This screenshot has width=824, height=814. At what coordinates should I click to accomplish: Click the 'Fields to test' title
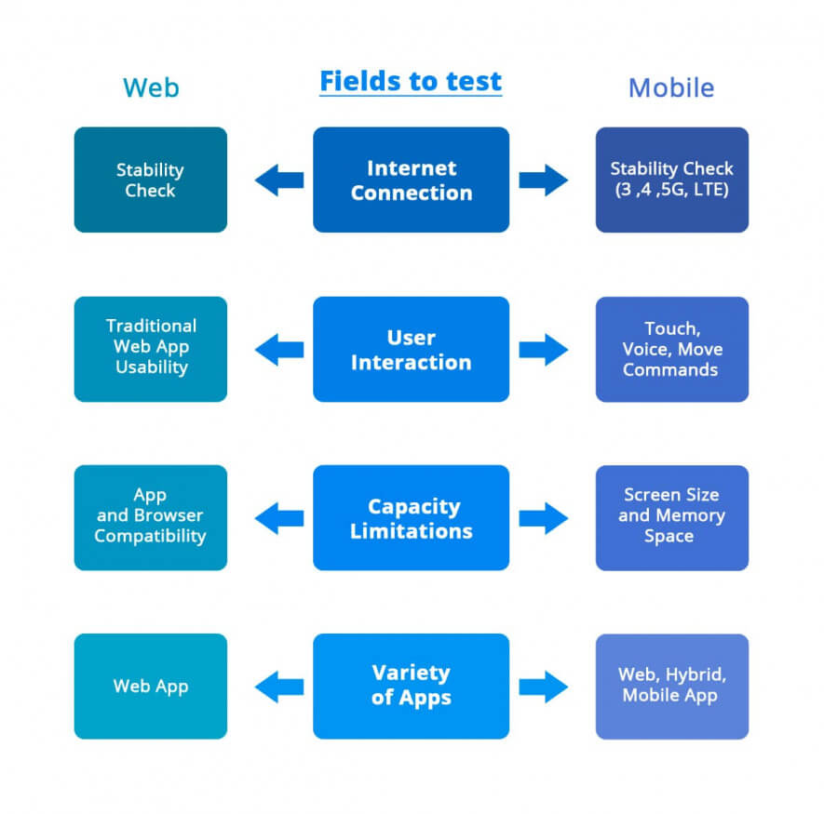[x=411, y=82]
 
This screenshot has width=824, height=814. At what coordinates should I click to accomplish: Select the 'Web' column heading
[x=151, y=87]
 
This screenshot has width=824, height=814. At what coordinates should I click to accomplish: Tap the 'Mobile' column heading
[x=671, y=87]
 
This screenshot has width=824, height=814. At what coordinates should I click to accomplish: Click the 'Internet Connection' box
[x=411, y=180]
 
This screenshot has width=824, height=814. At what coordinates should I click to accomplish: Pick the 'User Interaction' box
[x=411, y=349]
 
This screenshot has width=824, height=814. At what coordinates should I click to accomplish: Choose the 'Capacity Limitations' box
[x=411, y=518]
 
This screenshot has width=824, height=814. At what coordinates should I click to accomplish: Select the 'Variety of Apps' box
[x=411, y=686]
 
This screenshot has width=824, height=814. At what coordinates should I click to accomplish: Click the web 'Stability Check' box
[x=151, y=180]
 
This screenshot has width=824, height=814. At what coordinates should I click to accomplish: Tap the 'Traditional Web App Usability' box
[x=151, y=349]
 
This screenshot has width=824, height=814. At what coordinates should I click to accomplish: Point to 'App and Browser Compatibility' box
[x=151, y=518]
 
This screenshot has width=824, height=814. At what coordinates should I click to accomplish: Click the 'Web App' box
[x=151, y=686]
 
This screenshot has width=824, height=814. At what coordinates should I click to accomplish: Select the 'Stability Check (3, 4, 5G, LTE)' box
[x=671, y=180]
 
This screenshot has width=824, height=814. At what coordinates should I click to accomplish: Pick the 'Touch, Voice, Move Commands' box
[x=671, y=349]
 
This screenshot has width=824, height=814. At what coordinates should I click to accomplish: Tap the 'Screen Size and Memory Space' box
[x=671, y=518]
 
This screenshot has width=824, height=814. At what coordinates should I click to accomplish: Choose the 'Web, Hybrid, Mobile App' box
[x=671, y=686]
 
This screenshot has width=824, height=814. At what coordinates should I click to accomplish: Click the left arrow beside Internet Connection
[x=278, y=180]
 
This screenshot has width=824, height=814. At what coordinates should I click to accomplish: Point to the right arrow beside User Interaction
[x=544, y=349]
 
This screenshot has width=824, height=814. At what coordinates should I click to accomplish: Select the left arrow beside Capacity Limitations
[x=278, y=518]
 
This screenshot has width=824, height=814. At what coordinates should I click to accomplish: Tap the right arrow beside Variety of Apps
[x=544, y=687]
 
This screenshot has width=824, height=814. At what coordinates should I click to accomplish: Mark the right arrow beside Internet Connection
[x=544, y=180]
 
